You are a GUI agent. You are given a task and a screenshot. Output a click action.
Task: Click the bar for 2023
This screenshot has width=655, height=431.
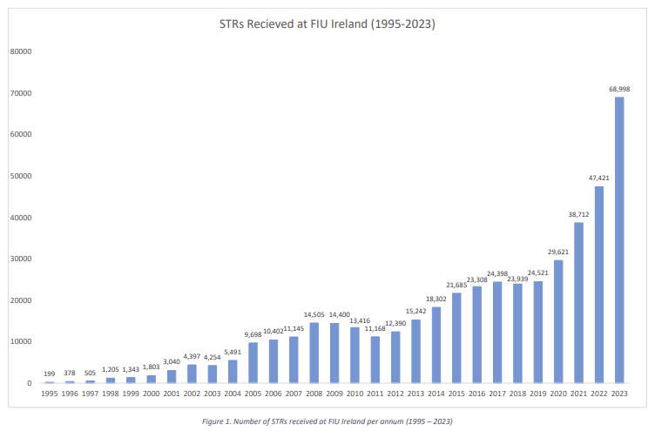tap(619, 240)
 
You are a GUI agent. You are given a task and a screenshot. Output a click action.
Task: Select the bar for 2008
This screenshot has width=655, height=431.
tap(314, 353)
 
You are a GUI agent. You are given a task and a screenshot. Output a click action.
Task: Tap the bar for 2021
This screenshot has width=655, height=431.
tap(578, 303)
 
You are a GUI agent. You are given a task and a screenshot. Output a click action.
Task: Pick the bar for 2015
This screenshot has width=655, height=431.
tap(456, 338)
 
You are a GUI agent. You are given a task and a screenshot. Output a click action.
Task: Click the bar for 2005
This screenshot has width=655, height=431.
tap(253, 363)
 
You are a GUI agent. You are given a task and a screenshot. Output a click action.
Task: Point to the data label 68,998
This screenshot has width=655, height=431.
tap(619, 89)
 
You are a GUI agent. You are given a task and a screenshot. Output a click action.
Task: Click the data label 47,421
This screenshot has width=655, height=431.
tap(599, 178)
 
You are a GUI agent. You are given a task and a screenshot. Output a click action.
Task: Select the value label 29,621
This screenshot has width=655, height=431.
tap(558, 252)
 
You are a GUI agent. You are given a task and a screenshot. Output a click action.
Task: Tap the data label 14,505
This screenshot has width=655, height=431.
tap(314, 315)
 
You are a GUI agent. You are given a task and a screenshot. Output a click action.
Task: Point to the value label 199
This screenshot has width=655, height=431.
tap(50, 374)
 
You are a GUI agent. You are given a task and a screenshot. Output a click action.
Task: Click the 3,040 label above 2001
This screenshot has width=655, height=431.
tap(172, 361)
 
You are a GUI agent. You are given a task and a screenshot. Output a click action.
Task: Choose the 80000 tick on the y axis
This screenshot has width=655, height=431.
tap(21, 51)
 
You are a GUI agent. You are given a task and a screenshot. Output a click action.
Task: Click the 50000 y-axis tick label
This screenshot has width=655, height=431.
tap(21, 176)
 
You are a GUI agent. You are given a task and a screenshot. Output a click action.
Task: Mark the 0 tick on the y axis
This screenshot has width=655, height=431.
tap(30, 383)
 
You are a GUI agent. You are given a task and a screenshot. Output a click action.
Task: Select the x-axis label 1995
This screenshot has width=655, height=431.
tap(50, 394)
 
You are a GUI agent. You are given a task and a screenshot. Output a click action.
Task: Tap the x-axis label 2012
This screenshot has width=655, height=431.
tap(395, 394)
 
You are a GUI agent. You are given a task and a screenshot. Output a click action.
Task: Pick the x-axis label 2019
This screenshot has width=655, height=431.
tap(538, 394)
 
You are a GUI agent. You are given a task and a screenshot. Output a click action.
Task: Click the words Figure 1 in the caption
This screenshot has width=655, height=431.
tap(216, 421)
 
